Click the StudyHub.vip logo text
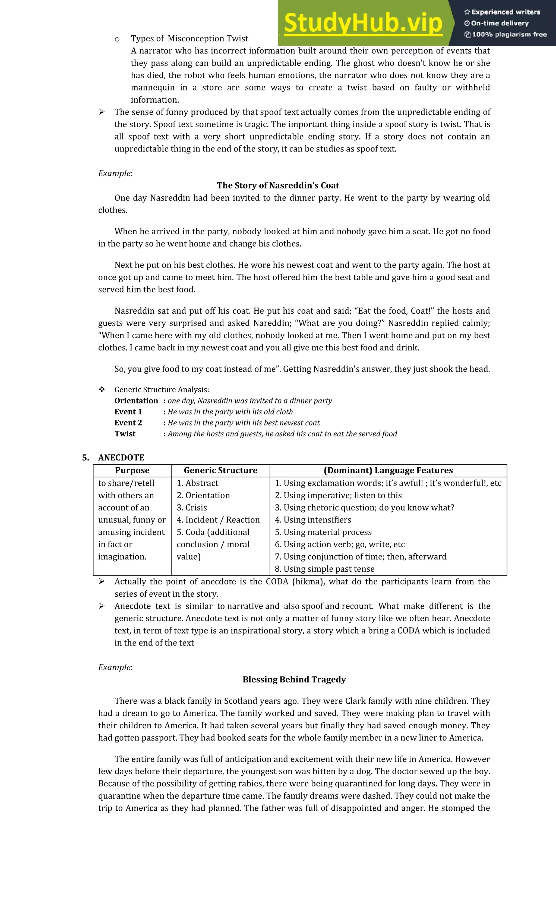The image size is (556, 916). click(x=363, y=23)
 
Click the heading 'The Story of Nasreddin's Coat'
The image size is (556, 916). click(x=278, y=185)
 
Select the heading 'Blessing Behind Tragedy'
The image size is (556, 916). click(x=294, y=679)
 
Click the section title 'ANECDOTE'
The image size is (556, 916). click(x=121, y=458)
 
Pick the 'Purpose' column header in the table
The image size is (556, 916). click(x=132, y=471)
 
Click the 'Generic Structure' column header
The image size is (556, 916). click(x=220, y=471)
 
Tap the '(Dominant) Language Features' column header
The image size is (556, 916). click(x=388, y=471)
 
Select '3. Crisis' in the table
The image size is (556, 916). click(x=192, y=508)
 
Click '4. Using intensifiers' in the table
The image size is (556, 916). click(x=313, y=520)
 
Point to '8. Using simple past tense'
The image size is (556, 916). click(x=324, y=569)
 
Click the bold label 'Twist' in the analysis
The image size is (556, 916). click(x=125, y=434)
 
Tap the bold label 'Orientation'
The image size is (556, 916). click(x=136, y=401)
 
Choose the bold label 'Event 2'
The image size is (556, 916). click(x=128, y=423)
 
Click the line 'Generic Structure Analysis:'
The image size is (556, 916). click(x=162, y=390)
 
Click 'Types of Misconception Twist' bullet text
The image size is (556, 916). click(x=189, y=39)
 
